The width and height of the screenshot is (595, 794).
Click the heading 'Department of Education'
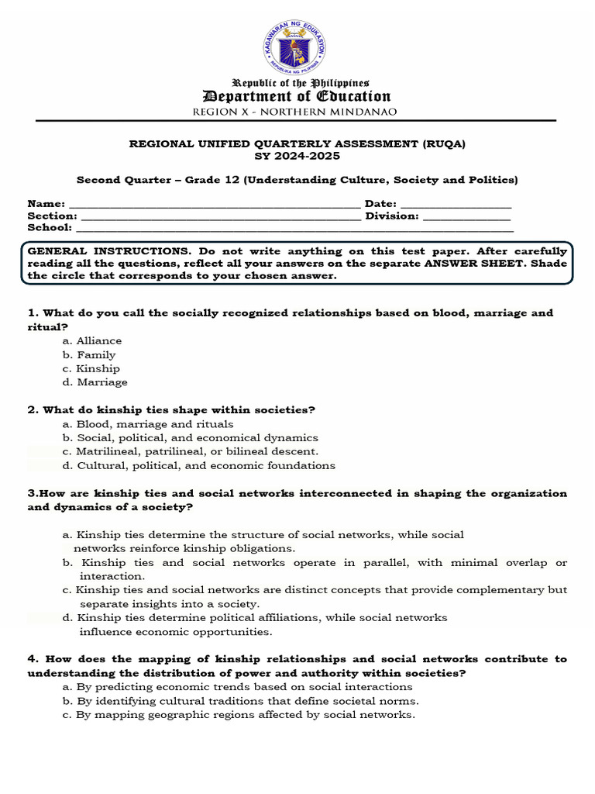click(x=297, y=96)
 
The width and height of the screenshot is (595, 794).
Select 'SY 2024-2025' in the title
click(x=297, y=156)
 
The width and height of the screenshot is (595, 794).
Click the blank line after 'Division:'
click(x=466, y=216)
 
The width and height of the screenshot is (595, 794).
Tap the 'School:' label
click(x=50, y=228)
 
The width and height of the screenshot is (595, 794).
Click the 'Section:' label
click(x=52, y=216)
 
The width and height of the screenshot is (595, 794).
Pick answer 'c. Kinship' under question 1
click(x=91, y=369)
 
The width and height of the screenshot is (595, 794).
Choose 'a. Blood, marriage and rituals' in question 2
click(x=148, y=424)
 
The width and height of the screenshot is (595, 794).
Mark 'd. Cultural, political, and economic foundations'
click(x=199, y=466)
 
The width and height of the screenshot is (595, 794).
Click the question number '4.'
click(x=33, y=659)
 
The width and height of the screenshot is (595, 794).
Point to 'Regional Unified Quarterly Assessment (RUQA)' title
click(x=297, y=144)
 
